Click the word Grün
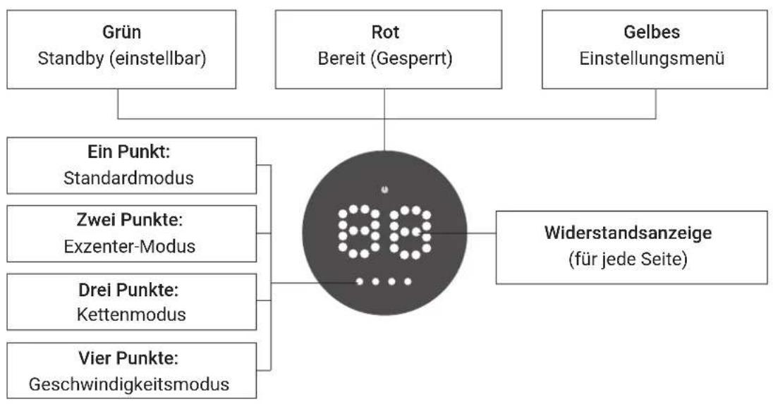pyautogui.click(x=122, y=32)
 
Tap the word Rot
pyautogui.click(x=385, y=32)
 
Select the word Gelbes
pyautogui.click(x=652, y=32)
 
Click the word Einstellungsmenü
pyautogui.click(x=652, y=59)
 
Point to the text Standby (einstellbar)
pyautogui.click(x=122, y=59)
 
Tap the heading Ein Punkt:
pyautogui.click(x=128, y=152)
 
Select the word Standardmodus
pyautogui.click(x=128, y=178)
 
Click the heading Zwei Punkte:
pyautogui.click(x=130, y=220)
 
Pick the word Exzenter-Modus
pyautogui.click(x=130, y=246)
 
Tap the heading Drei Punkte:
pyautogui.click(x=128, y=290)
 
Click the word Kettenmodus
pyautogui.click(x=131, y=314)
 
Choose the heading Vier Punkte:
pyautogui.click(x=128, y=358)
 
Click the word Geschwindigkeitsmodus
pyautogui.click(x=129, y=384)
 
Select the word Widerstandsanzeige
pyautogui.click(x=628, y=233)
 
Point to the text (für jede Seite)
pyautogui.click(x=628, y=259)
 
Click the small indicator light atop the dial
pyautogui.click(x=384, y=190)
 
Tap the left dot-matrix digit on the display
pyautogui.click(x=359, y=231)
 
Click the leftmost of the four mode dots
pyautogui.click(x=360, y=281)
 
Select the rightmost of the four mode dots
pyautogui.click(x=408, y=281)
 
